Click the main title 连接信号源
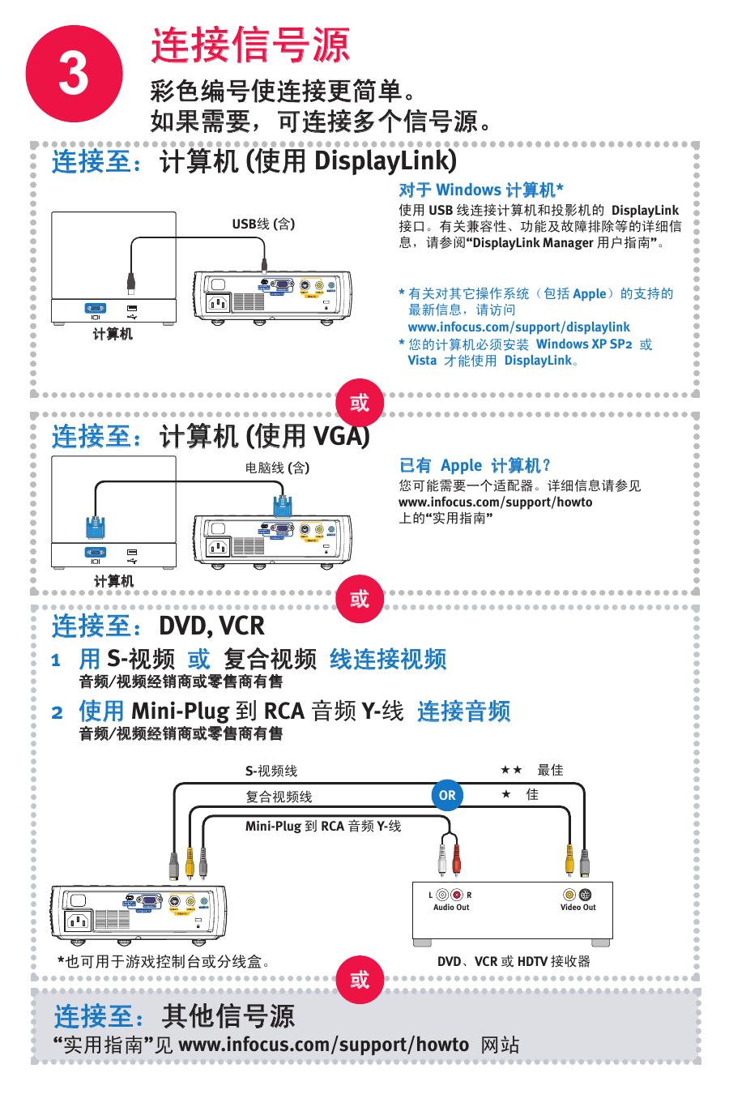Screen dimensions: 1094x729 pos(250,46)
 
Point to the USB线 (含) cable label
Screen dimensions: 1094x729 pos(263,224)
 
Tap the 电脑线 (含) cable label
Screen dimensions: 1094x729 pos(277,468)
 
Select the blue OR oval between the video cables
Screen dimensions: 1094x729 pos(447,796)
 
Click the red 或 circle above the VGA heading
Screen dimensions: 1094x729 pos(359,402)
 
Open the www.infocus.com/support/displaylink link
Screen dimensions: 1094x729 pos(518,327)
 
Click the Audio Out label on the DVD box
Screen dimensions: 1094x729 pos(451,908)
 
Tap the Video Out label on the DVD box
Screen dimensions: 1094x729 pos(578,908)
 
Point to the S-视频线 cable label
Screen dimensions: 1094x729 pos(271,771)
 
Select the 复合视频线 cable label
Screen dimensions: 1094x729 pos(279,797)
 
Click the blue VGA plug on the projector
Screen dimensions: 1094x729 pos(283,504)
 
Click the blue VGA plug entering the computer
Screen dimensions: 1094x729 pos(96,530)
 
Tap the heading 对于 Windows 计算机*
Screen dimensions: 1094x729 pos(481,190)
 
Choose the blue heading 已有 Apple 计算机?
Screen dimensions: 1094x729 pos(475,466)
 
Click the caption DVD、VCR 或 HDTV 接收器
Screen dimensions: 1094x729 pos(514,962)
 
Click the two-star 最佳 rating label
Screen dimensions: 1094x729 pos(531,771)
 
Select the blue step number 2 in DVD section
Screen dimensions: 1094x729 pos(57,713)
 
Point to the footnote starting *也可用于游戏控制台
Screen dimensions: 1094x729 pos(163,962)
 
